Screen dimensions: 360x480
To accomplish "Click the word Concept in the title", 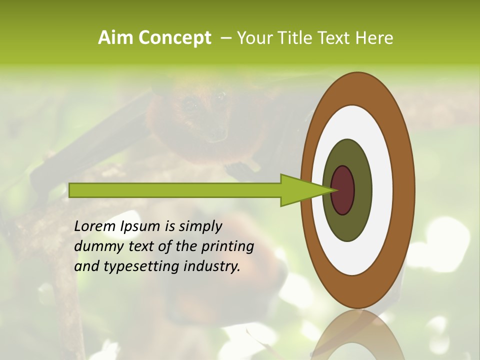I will pos(175,38).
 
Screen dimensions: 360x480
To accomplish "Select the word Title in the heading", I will pos(298,38).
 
